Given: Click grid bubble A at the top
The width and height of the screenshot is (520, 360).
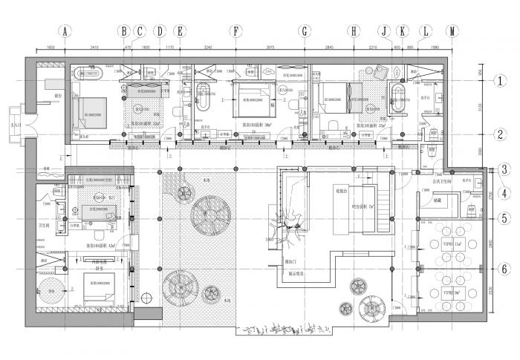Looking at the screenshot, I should click(x=65, y=31).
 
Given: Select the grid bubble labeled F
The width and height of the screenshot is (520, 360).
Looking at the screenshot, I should click(x=235, y=31).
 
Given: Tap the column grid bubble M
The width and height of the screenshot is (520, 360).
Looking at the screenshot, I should click(x=452, y=31).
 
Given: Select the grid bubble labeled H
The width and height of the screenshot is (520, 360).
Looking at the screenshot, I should click(x=354, y=31).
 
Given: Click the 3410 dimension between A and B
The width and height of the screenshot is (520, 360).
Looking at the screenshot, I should click(x=94, y=48).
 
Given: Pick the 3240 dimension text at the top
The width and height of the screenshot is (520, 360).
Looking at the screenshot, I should click(x=208, y=48).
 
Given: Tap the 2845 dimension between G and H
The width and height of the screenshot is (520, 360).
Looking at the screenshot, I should click(x=328, y=48).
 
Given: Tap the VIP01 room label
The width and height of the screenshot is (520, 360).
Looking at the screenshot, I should click(x=452, y=243).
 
